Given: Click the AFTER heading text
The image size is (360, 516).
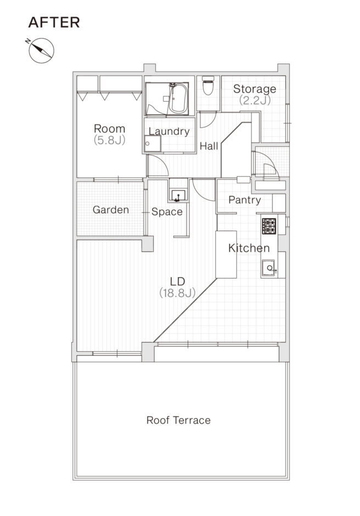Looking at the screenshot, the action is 54,23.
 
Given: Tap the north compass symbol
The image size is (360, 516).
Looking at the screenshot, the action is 41,50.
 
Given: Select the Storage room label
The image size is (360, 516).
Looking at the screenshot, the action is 255,89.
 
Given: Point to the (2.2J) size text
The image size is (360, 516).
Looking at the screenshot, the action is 255,100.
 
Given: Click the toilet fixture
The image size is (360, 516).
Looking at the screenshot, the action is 208,86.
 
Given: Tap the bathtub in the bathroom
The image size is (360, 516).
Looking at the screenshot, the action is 178,98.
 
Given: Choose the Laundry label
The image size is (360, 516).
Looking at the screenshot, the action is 169,131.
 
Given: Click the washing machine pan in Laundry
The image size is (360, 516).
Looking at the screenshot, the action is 153,144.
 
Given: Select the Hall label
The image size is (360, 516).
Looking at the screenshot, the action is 209,146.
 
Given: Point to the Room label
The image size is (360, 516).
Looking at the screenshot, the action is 110,128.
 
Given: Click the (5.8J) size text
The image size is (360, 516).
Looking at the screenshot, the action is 110,140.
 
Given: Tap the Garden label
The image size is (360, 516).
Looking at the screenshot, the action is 111,210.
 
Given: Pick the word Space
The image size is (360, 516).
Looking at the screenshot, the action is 167,211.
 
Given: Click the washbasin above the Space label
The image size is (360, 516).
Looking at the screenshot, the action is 178,195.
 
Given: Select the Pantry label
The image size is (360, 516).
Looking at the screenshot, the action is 245,200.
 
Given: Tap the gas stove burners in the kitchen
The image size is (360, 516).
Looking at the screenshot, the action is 269,226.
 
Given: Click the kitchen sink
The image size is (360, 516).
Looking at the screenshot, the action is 268,268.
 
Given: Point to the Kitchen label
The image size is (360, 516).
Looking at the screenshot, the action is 249,248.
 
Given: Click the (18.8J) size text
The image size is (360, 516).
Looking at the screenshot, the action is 177,293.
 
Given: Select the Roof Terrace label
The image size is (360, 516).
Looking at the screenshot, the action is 178,420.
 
